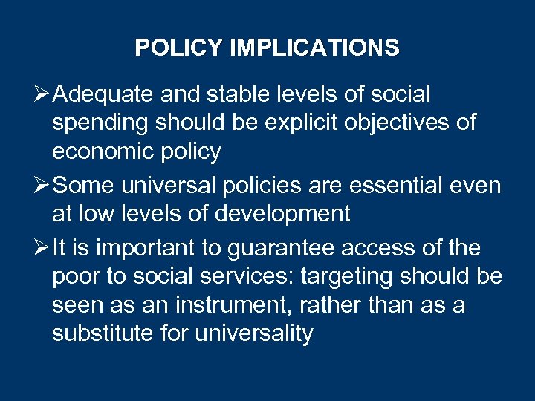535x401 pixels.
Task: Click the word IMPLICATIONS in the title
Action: (314, 48)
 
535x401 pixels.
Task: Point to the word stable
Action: (238, 95)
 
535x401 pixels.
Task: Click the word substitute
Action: (103, 333)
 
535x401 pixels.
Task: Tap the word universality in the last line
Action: (254, 333)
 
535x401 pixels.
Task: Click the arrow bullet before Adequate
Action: (41, 95)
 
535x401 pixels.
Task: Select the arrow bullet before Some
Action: (41, 186)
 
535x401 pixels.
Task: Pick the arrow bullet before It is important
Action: (41, 247)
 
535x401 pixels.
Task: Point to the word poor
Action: (75, 277)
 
